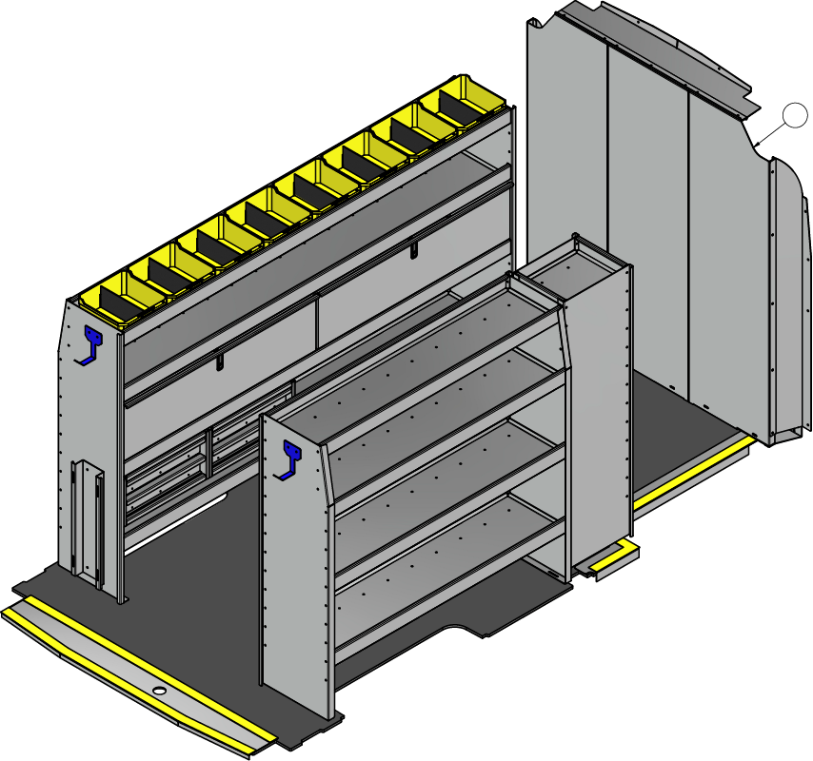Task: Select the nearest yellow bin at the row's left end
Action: [114, 295]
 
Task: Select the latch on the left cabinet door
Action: [220, 362]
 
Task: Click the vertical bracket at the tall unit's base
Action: [87, 518]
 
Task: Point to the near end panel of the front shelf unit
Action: [295, 561]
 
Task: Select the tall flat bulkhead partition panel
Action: [647, 219]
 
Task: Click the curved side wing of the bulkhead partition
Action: [789, 304]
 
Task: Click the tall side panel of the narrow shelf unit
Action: [600, 419]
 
